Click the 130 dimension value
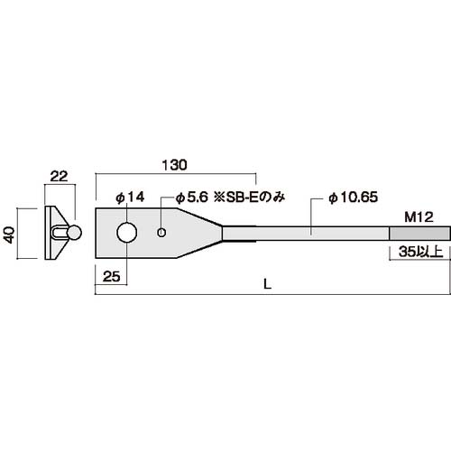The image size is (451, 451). [x=174, y=165]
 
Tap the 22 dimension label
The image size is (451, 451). [x=59, y=177]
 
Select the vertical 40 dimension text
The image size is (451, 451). [x=10, y=235]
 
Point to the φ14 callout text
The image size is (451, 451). [x=131, y=198]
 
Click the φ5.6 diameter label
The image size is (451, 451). [x=192, y=198]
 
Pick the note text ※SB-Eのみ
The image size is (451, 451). [x=249, y=198]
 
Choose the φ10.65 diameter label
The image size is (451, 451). [x=353, y=198]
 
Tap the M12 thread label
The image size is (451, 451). [x=419, y=217]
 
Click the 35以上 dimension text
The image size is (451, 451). [x=421, y=252]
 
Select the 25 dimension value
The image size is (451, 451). [x=111, y=276]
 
